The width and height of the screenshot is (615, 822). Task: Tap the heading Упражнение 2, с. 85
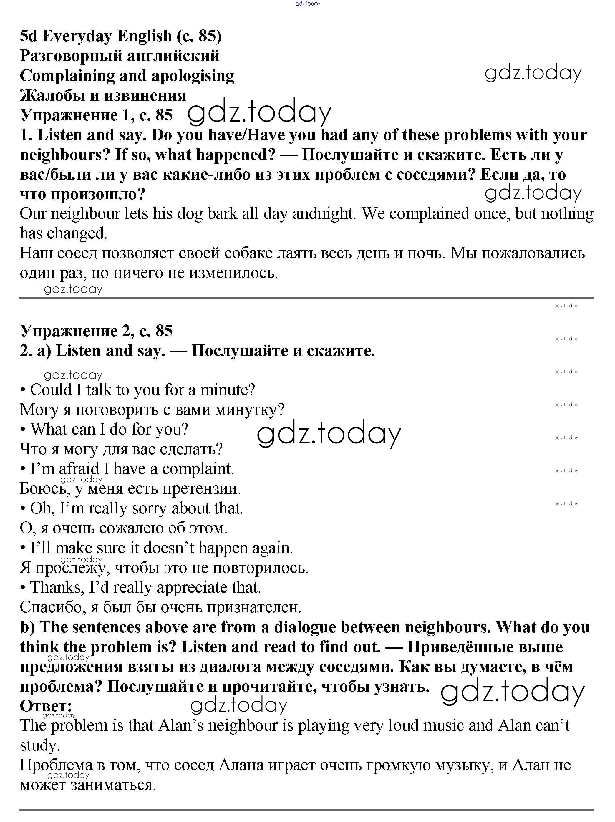[96, 331]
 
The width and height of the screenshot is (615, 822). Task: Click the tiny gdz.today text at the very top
[307, 4]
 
